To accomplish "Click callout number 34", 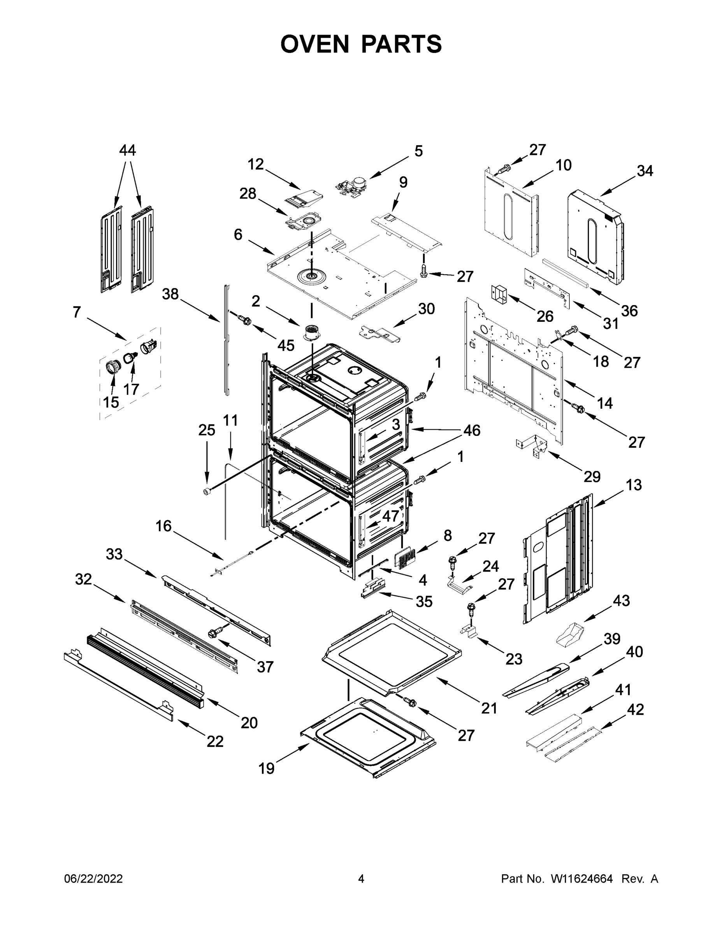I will pyautogui.click(x=645, y=171).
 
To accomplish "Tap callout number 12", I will pyautogui.click(x=256, y=164).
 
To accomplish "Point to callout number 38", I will pyautogui.click(x=170, y=294).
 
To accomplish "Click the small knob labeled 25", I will pyautogui.click(x=207, y=492).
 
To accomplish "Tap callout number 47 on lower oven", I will pyautogui.click(x=390, y=516).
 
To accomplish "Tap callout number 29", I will pyautogui.click(x=592, y=476).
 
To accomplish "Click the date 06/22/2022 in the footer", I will pyautogui.click(x=93, y=879).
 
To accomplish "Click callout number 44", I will pyautogui.click(x=127, y=151).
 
